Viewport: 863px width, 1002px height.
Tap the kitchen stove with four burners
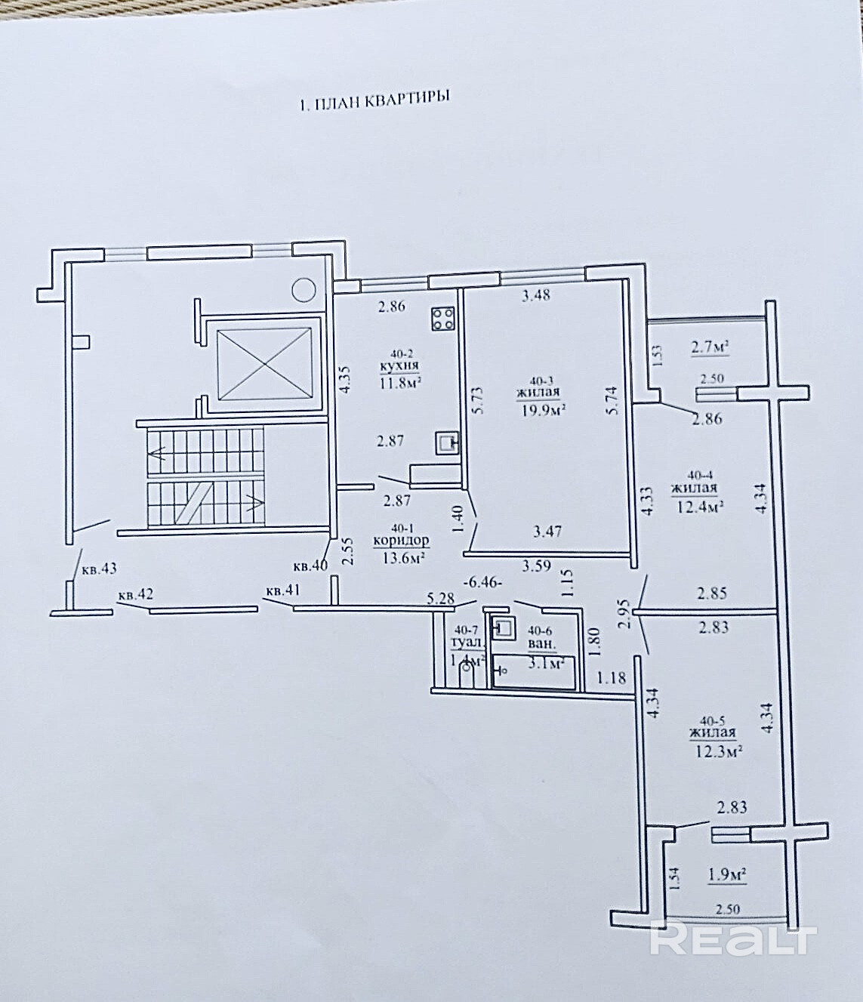point(442,319)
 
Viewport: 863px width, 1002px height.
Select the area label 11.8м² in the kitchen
point(400,381)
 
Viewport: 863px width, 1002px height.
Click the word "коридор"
point(401,541)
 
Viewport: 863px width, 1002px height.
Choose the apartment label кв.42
point(136,595)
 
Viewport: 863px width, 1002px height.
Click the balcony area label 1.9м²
point(727,875)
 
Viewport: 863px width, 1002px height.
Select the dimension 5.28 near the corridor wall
point(442,599)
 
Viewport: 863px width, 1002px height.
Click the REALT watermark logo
point(733,939)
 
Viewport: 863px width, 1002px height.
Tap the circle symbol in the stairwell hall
point(304,288)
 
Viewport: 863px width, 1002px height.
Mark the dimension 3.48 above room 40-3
point(536,294)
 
